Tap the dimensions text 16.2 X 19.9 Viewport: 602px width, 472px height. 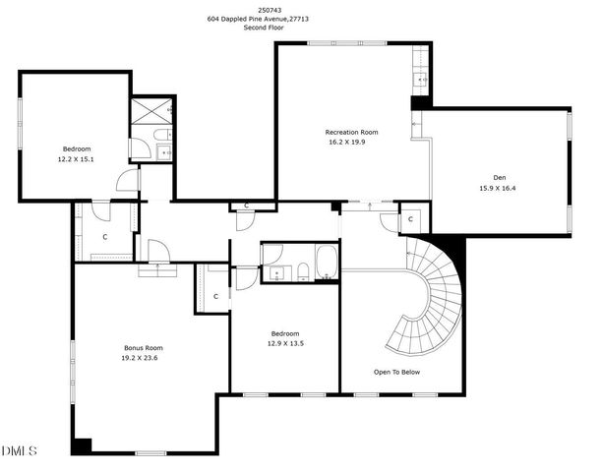tap(352, 142)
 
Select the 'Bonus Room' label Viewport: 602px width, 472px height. tap(143, 348)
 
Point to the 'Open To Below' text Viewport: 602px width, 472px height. tap(396, 373)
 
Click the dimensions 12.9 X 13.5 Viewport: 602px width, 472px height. tap(285, 344)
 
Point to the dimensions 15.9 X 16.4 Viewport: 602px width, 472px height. tap(497, 188)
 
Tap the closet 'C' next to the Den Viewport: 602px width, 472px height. tap(411, 220)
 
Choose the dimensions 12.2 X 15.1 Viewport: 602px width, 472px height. tap(76, 158)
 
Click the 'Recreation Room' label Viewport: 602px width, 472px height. tap(352, 132)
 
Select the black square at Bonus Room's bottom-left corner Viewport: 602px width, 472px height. tap(82, 445)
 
